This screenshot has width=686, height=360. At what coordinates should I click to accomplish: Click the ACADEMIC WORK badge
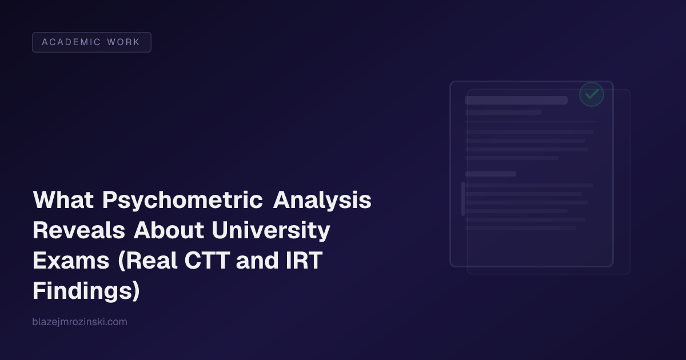pos(91,42)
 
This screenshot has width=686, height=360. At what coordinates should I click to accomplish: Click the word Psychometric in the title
pos(183,201)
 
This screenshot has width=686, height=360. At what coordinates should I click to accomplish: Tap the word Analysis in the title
pos(322,201)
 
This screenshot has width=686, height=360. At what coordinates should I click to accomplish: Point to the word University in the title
pos(271,231)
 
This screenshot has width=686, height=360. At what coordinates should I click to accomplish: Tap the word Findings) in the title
pos(86,290)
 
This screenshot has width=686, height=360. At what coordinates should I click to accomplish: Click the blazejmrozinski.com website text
pos(80,322)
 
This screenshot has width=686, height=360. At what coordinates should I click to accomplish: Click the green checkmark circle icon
pos(592,94)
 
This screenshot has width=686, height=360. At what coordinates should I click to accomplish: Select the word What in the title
pos(63,201)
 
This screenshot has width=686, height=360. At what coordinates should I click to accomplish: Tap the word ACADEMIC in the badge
pos(71,42)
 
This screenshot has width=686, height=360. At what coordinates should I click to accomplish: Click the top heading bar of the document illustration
pos(516,100)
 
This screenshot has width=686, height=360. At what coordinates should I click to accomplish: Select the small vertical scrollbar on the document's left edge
pos(462,198)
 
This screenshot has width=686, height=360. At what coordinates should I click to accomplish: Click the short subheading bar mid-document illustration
pos(490,174)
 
